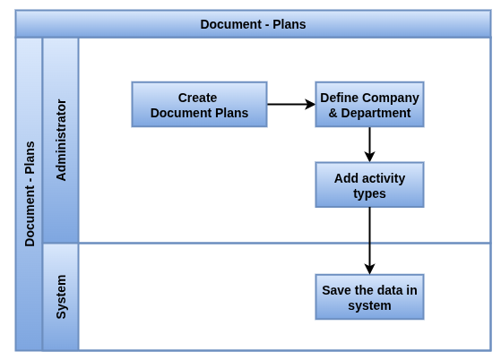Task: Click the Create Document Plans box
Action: click(x=199, y=105)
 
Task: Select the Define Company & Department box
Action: click(x=369, y=105)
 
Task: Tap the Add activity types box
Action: click(x=369, y=185)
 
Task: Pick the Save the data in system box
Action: click(x=369, y=297)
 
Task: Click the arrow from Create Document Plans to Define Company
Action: click(x=291, y=105)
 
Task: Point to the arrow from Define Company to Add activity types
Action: click(x=369, y=144)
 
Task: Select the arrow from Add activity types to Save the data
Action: click(x=369, y=241)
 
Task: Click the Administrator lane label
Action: click(x=61, y=140)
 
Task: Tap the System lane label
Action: click(x=61, y=296)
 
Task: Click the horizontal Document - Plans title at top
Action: click(x=253, y=24)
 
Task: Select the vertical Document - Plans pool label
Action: click(x=30, y=194)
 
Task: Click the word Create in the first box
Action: click(x=197, y=98)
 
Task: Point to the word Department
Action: click(x=376, y=114)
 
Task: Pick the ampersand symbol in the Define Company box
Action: click(x=333, y=114)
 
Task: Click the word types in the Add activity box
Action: click(x=369, y=194)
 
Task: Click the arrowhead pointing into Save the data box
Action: click(x=369, y=269)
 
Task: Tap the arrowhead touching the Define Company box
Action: click(x=310, y=105)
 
